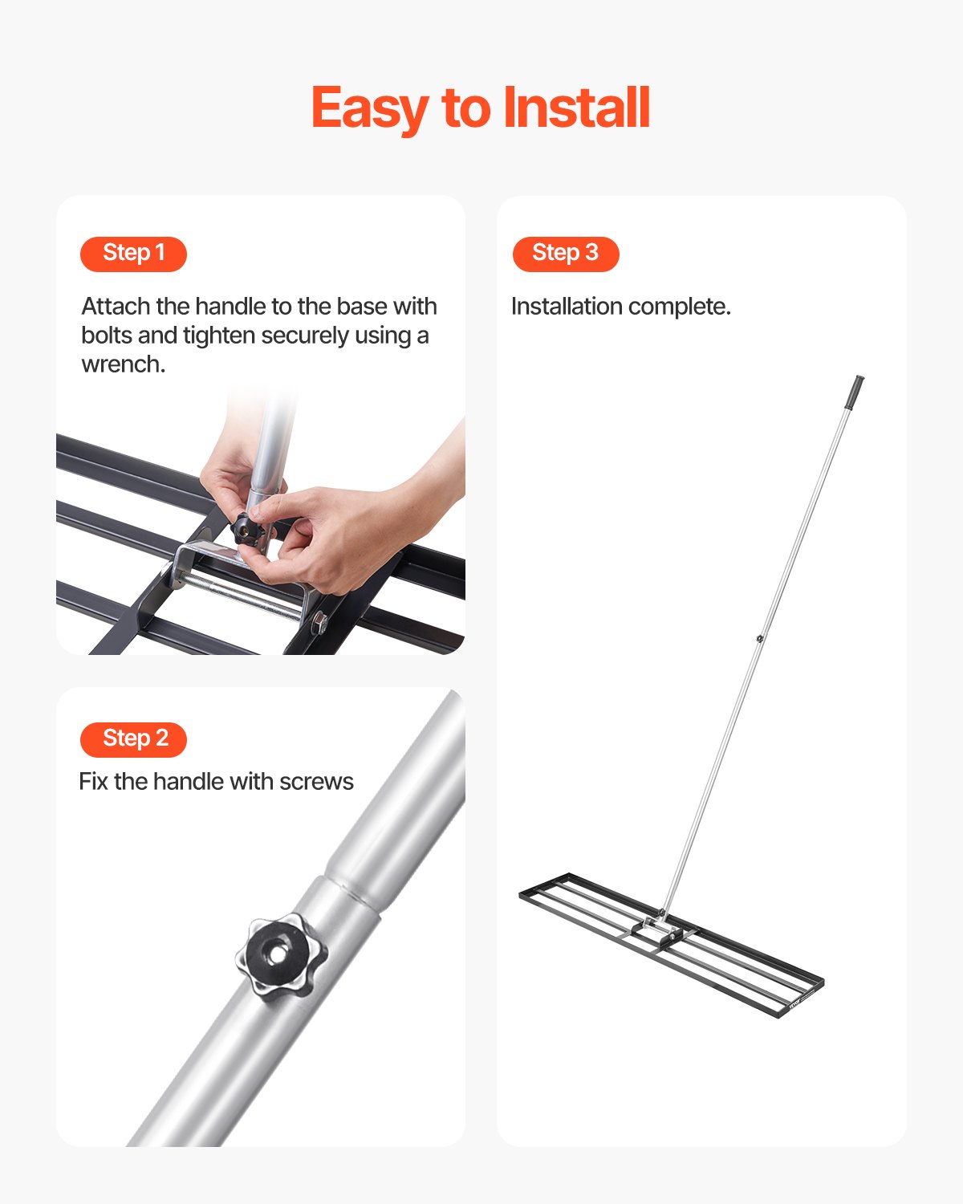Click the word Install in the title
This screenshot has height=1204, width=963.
click(x=575, y=108)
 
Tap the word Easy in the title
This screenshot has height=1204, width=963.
click(x=369, y=109)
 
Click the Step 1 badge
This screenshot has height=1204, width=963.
click(x=133, y=254)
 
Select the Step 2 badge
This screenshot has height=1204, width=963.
click(x=133, y=739)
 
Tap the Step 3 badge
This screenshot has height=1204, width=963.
click(x=566, y=254)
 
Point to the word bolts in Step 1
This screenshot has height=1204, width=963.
click(x=104, y=336)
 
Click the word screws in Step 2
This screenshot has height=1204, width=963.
click(x=316, y=782)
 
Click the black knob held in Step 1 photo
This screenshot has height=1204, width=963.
click(x=247, y=530)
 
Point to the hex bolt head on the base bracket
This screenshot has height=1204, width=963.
click(x=319, y=621)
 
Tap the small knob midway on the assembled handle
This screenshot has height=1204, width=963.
click(x=759, y=639)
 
